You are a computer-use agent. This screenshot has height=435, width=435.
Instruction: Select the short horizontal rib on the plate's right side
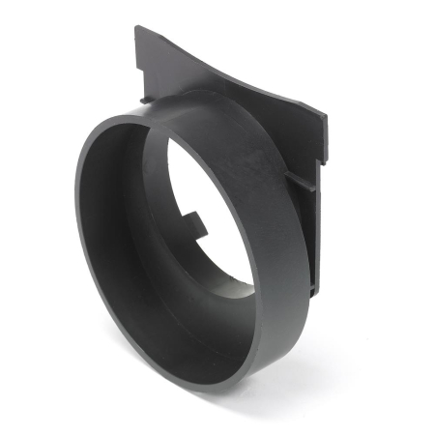(x=300, y=181)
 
